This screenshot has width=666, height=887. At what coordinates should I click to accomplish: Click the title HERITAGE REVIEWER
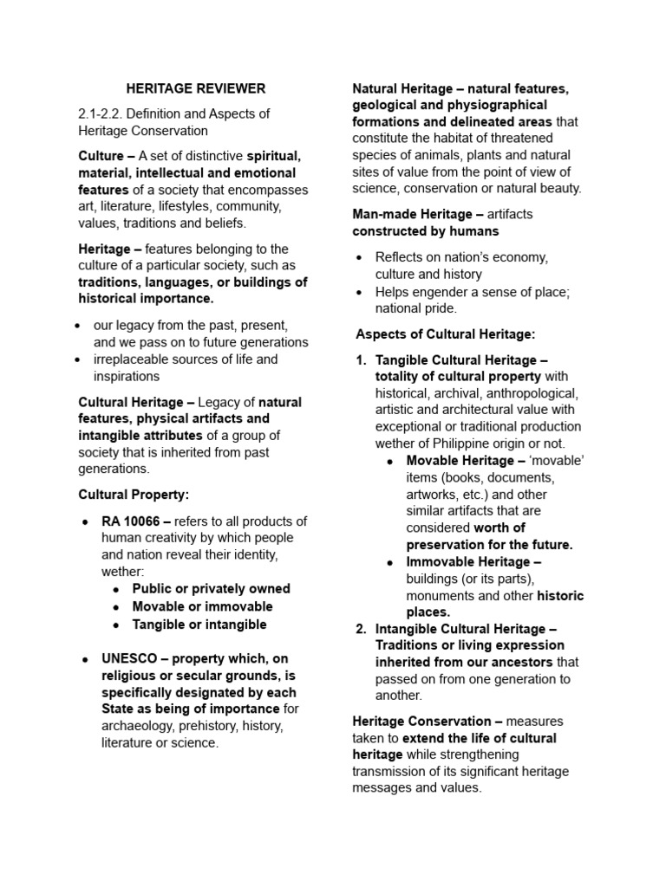coord(196,88)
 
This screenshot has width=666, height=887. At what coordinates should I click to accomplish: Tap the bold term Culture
coord(101,156)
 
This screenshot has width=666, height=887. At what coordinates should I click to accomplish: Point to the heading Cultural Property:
coord(134,495)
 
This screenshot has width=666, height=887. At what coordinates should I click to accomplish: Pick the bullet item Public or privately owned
coord(211,589)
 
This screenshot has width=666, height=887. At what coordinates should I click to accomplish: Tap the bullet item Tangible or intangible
coord(199,625)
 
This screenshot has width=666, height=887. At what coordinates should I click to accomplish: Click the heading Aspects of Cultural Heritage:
coord(446,333)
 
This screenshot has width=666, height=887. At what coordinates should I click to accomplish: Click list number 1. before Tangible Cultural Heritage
coord(362,360)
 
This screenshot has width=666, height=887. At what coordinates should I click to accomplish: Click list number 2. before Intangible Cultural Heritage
coord(362,629)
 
